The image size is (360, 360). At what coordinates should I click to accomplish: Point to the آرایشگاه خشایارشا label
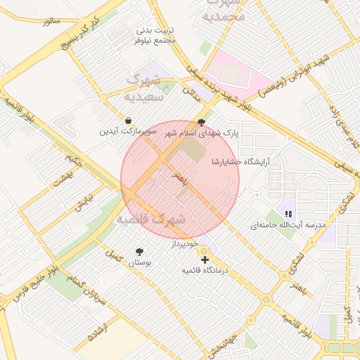coord(240,162)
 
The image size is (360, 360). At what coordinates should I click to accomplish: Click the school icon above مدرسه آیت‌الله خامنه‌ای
coord(288,213)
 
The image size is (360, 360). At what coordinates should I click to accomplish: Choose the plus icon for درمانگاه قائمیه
coord(205,259)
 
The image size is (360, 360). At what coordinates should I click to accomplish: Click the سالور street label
coord(52,21)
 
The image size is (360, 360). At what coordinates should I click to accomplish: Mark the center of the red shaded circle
coord(180,180)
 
